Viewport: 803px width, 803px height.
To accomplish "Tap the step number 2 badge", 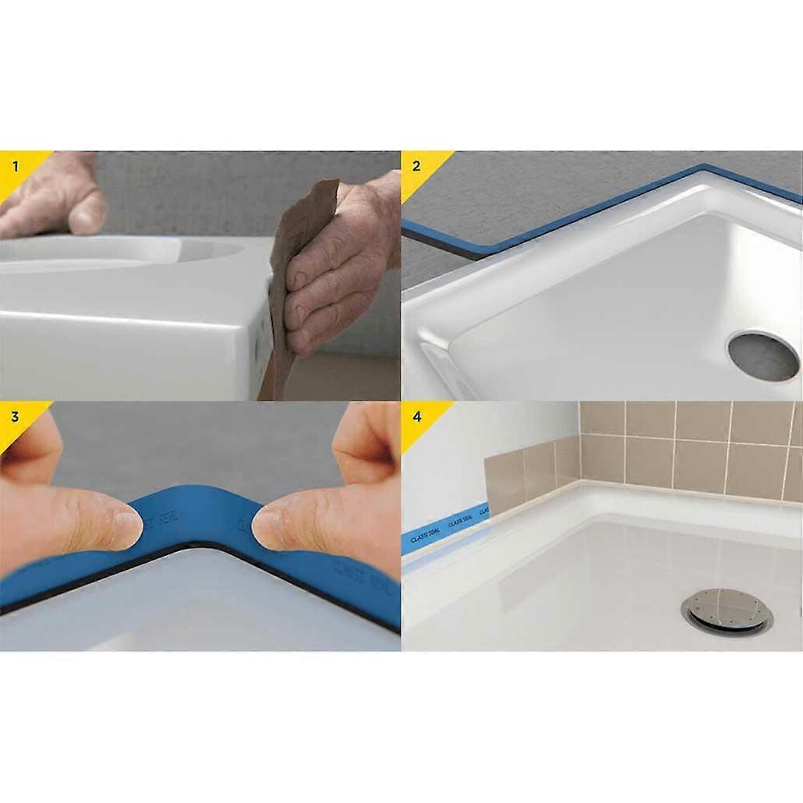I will [416, 165].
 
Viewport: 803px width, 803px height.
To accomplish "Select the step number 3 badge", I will [15, 416].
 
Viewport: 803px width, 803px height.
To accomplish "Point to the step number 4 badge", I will [416, 416].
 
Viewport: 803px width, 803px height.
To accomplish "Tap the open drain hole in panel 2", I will [763, 356].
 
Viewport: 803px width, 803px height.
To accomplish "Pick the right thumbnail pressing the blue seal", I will [267, 527].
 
